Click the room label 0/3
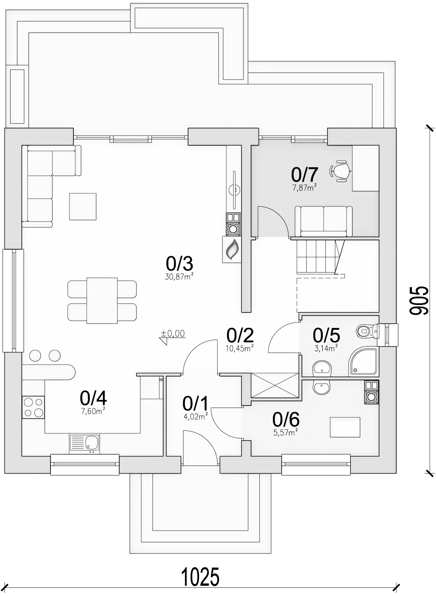[x=179, y=264]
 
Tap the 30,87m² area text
[x=179, y=277]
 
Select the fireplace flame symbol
[x=232, y=250]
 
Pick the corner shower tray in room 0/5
[x=363, y=361]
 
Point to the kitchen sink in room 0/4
[x=84, y=444]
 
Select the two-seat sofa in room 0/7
[x=324, y=221]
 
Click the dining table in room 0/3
[x=102, y=300]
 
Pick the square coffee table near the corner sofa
[x=83, y=206]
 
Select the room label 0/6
[x=286, y=420]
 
